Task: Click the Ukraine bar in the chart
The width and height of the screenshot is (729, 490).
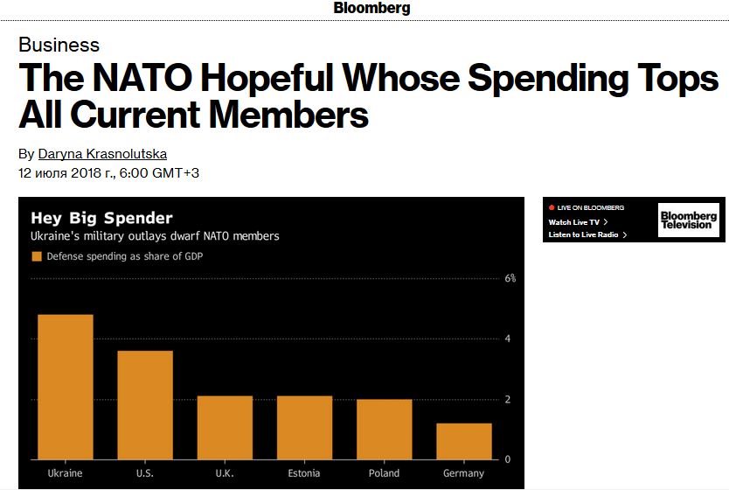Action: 65,386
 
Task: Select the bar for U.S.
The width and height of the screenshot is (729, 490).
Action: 145,404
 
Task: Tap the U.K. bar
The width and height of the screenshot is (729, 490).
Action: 225,427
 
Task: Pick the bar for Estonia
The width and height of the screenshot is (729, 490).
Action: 304,427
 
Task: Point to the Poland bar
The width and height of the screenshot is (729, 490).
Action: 385,429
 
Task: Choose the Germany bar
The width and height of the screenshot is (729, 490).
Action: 464,441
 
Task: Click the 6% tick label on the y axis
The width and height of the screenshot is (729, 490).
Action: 510,278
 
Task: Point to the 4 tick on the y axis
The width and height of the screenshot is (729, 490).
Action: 508,339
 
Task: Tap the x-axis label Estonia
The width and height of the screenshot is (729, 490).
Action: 304,473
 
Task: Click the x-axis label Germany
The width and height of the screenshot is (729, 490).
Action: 464,473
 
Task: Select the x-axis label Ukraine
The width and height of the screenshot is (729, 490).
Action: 65,473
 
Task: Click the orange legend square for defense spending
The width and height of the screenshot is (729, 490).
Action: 37,256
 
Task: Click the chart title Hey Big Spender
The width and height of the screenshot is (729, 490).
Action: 101,218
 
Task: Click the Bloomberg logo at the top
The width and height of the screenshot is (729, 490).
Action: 371,9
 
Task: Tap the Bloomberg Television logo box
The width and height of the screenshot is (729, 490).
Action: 688,220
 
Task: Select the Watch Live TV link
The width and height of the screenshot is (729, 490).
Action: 575,222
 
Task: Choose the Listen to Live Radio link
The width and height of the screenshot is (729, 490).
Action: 585,234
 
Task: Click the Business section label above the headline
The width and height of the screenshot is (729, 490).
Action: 59,45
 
